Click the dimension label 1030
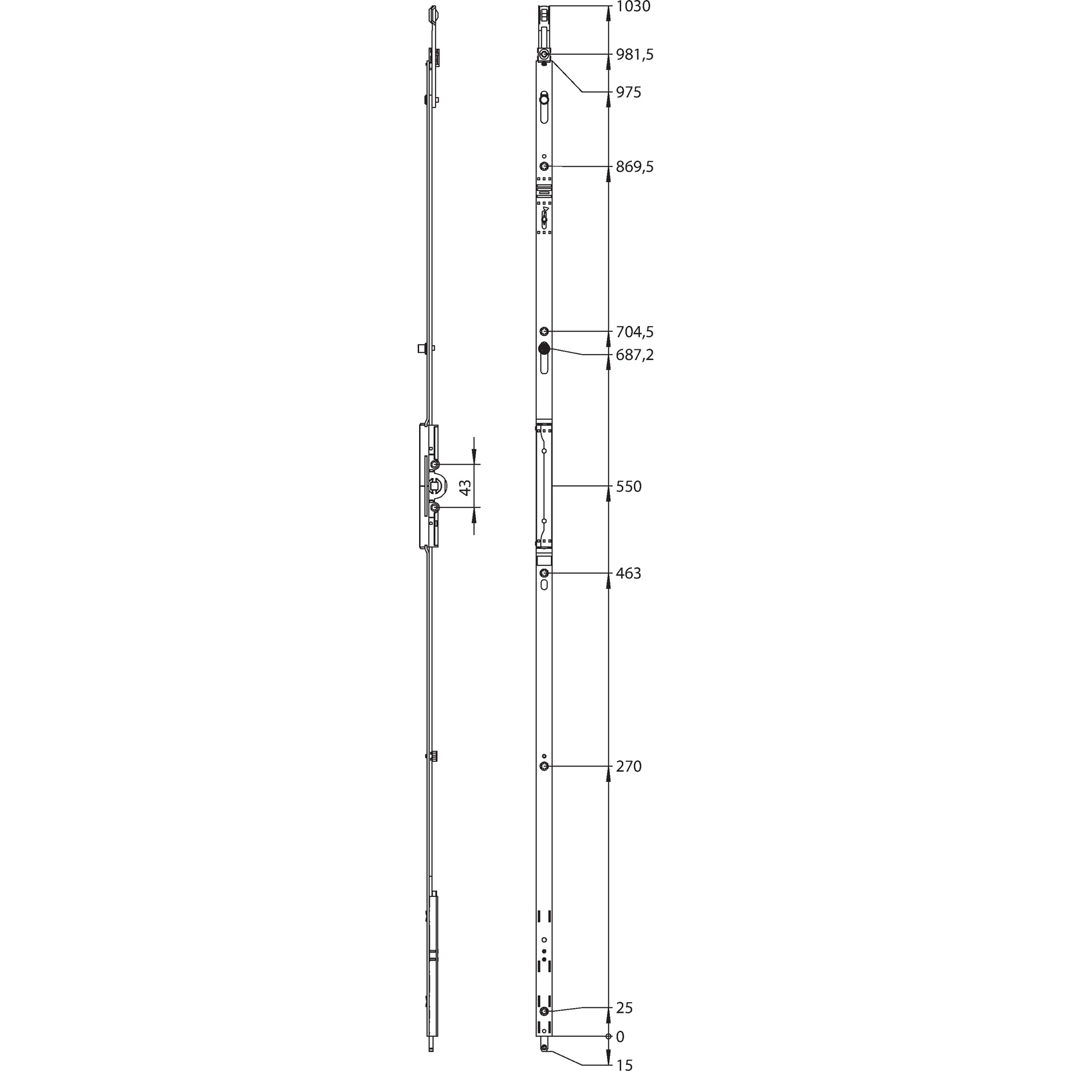click(633, 7)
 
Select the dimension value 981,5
click(635, 55)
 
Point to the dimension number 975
click(629, 92)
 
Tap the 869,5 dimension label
click(635, 167)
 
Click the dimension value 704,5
click(635, 332)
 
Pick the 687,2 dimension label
click(635, 355)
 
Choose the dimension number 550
click(629, 487)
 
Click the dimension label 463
click(629, 574)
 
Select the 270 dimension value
click(629, 766)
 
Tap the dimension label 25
click(624, 1008)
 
